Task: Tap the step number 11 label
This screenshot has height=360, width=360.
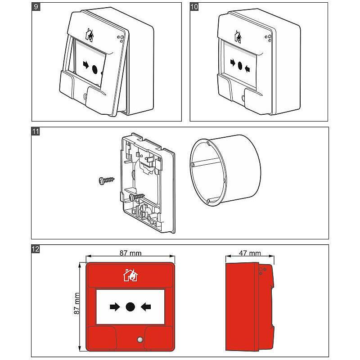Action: click(36, 131)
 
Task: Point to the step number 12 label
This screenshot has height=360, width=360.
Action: click(36, 249)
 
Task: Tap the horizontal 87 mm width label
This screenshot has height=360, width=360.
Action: click(129, 253)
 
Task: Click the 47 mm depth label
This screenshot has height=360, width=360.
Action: click(249, 253)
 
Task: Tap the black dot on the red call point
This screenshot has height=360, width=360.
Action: click(130, 307)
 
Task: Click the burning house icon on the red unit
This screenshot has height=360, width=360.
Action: click(130, 275)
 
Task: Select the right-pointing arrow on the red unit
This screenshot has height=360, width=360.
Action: click(115, 307)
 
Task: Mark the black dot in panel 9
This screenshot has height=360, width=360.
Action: click(95, 69)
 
